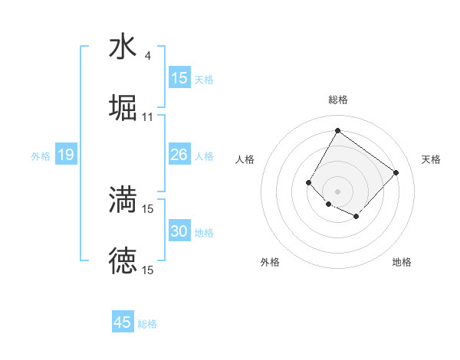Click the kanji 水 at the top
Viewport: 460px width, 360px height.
coord(123,46)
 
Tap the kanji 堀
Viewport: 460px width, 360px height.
coord(123,107)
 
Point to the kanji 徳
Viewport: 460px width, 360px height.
coord(123,260)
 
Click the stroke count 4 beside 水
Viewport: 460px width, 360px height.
coord(147,55)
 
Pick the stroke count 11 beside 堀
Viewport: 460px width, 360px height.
coord(148,116)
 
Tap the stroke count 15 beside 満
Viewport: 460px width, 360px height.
coord(148,208)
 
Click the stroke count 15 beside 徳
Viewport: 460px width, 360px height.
coord(148,270)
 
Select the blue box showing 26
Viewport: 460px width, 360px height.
coord(179,155)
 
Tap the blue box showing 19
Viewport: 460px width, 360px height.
coord(65,155)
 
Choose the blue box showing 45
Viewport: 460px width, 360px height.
coord(123,322)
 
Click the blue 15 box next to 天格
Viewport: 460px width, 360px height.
coord(179,79)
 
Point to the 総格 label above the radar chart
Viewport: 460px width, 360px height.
coord(337,100)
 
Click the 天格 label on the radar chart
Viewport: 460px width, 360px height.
coord(431,159)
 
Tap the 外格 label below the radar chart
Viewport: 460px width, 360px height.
coord(270,262)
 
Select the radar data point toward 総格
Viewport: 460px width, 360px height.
coord(337,130)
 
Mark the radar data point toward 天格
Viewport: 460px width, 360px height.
coord(396,172)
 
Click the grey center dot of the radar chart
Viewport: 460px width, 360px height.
coord(337,191)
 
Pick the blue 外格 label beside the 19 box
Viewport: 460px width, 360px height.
coord(41,156)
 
